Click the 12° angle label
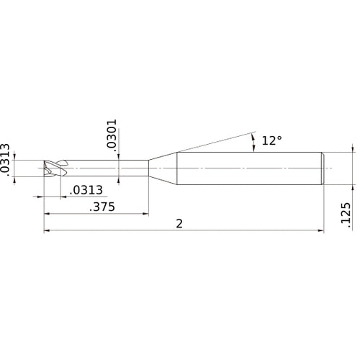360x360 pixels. (x=271, y=141)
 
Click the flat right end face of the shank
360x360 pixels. (x=323, y=168)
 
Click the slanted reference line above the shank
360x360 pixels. (x=209, y=142)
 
